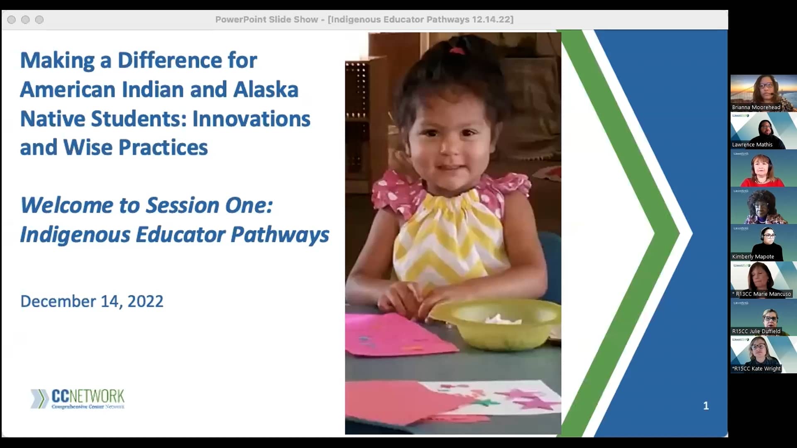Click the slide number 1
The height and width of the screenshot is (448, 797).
[x=706, y=406]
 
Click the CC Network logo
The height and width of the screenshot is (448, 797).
[x=78, y=399]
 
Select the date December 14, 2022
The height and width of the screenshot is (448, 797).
[x=92, y=301]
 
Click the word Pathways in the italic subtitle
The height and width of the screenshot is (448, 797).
[x=280, y=234]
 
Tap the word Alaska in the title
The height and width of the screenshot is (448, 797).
[x=266, y=90]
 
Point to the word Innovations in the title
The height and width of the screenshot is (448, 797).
[x=251, y=119]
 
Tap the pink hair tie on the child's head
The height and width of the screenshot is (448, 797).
[x=457, y=51]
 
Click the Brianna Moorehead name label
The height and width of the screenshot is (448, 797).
[x=756, y=107]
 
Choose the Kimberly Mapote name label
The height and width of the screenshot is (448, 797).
[x=753, y=257]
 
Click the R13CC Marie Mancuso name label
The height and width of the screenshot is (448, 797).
[x=763, y=294]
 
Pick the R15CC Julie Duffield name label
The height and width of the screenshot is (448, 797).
[x=756, y=331]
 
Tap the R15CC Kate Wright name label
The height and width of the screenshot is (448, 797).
[x=756, y=369]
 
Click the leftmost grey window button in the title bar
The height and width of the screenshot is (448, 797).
[x=12, y=19]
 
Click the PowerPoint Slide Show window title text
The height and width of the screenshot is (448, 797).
[x=364, y=19]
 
